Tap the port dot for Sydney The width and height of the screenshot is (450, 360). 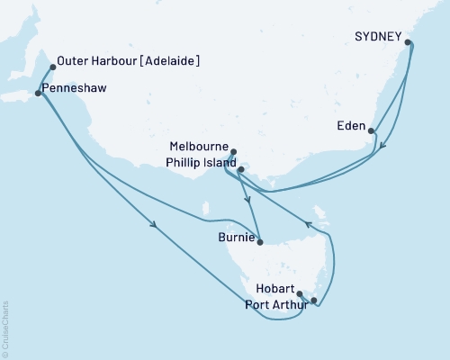click(409, 42)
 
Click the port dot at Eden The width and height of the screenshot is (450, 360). click(373, 130)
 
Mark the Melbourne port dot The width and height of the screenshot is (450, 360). click(233, 152)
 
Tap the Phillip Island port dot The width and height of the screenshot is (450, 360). click(240, 168)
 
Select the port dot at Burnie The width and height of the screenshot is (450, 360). click(260, 241)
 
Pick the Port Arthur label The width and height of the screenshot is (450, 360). click(276, 304)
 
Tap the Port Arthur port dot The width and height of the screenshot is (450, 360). click(313, 300)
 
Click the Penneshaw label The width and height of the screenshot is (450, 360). click(71, 91)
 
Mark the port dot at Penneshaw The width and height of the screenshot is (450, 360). click(37, 93)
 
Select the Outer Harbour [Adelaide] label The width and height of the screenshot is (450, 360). click(128, 61)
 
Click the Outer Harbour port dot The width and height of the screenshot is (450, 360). click(53, 67)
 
